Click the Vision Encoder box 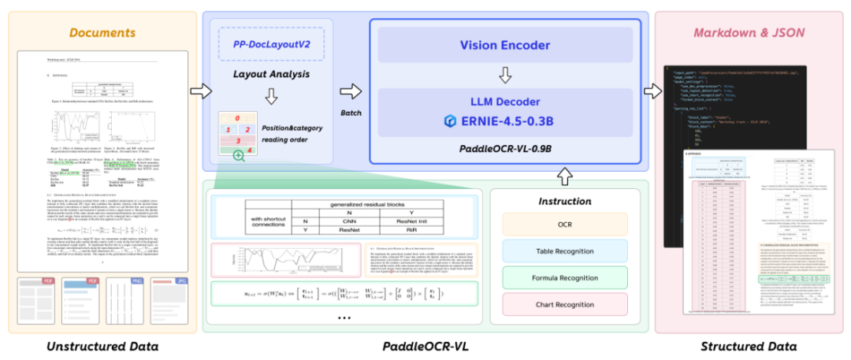point(505,45)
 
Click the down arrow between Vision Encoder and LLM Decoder point(505,75)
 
